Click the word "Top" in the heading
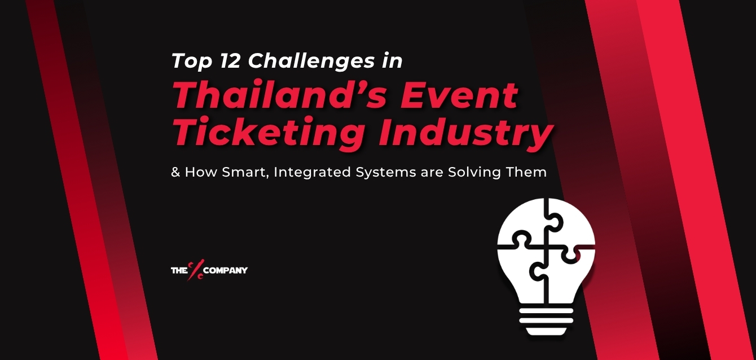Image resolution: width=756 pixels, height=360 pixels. coord(191,61)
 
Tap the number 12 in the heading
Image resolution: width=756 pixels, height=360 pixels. coord(228,60)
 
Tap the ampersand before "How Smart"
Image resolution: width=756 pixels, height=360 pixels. coord(175,172)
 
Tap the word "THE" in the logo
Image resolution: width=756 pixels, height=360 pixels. coord(179,271)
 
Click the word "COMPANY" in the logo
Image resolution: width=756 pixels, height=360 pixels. coord(226,271)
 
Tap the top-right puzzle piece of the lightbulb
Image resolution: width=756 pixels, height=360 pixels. coord(570,226)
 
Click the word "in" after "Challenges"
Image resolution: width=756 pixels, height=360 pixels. coord(392,60)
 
